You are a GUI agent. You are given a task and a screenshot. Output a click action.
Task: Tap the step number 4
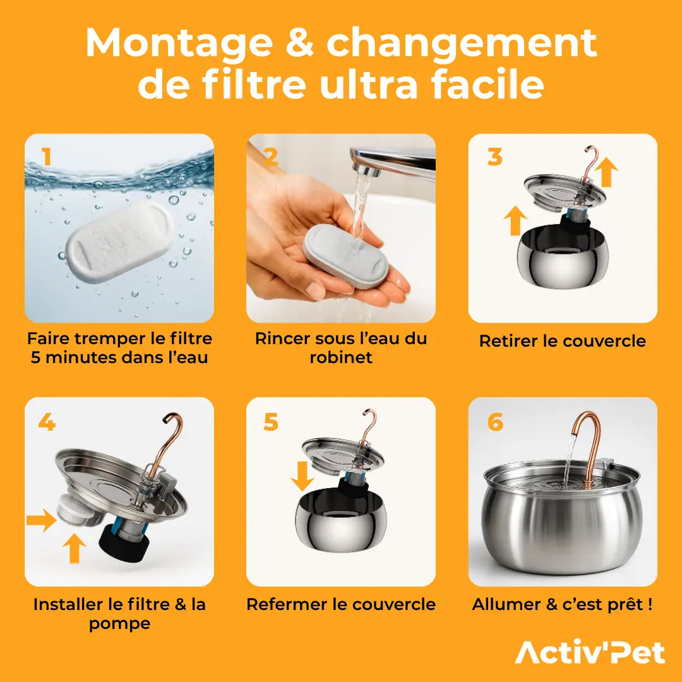[47, 422]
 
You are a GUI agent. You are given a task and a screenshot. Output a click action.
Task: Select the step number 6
[496, 422]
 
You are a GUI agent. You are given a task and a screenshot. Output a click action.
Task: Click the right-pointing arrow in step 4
[42, 521]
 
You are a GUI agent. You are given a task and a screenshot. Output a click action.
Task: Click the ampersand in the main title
[304, 43]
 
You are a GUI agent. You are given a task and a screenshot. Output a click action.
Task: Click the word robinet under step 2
[340, 357]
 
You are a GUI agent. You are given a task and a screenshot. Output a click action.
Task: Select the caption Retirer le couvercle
[562, 341]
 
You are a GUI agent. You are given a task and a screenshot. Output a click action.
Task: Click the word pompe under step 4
[119, 624]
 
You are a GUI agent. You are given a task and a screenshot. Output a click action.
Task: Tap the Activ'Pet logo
[590, 652]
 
